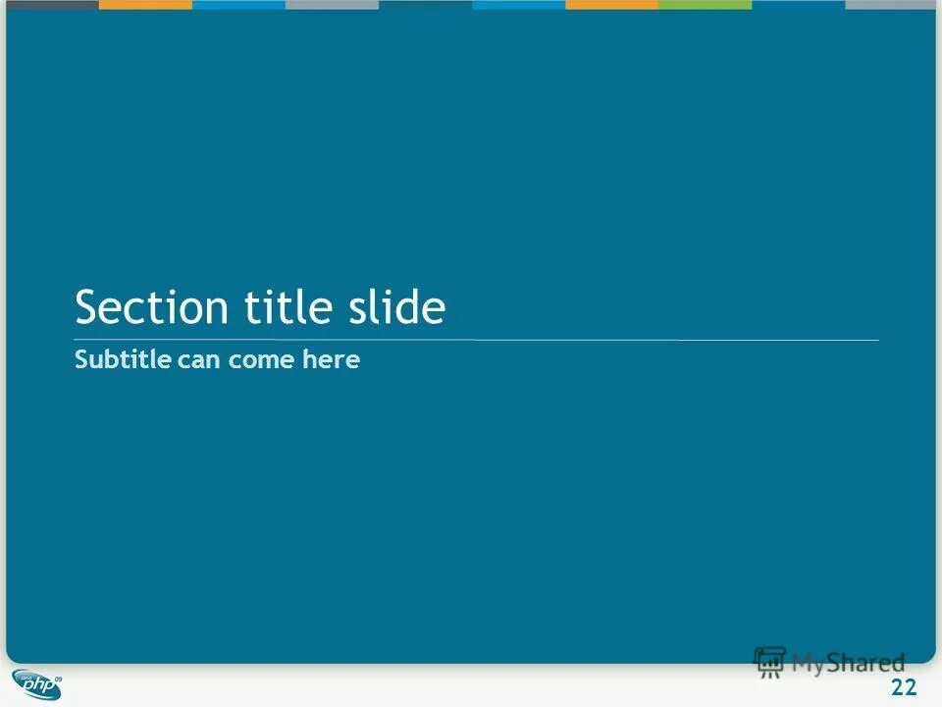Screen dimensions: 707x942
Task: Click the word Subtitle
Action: click(x=123, y=360)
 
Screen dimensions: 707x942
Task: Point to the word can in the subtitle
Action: click(x=200, y=361)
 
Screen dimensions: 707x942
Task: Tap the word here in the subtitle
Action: click(x=332, y=360)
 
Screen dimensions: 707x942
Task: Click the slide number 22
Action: click(x=903, y=687)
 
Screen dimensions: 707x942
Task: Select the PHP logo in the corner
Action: click(x=37, y=683)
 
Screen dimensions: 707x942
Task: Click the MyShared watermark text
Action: click(x=849, y=663)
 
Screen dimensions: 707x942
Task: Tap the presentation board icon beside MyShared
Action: click(x=769, y=661)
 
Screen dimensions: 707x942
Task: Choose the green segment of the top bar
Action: click(x=705, y=4)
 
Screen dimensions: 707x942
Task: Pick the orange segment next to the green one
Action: click(x=611, y=4)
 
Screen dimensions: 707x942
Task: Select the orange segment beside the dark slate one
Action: click(x=145, y=4)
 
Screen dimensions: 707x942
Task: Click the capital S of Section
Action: click(x=86, y=307)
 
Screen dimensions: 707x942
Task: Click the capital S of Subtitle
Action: click(x=80, y=360)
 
